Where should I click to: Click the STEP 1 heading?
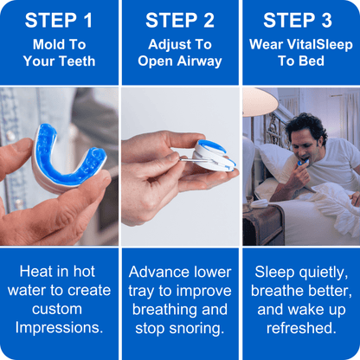coord(59,20)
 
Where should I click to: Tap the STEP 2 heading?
coord(181,20)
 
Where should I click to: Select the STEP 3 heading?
coord(300,20)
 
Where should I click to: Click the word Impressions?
coord(59,329)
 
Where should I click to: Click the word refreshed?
coord(300,329)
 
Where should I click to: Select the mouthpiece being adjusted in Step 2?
coord(212,156)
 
